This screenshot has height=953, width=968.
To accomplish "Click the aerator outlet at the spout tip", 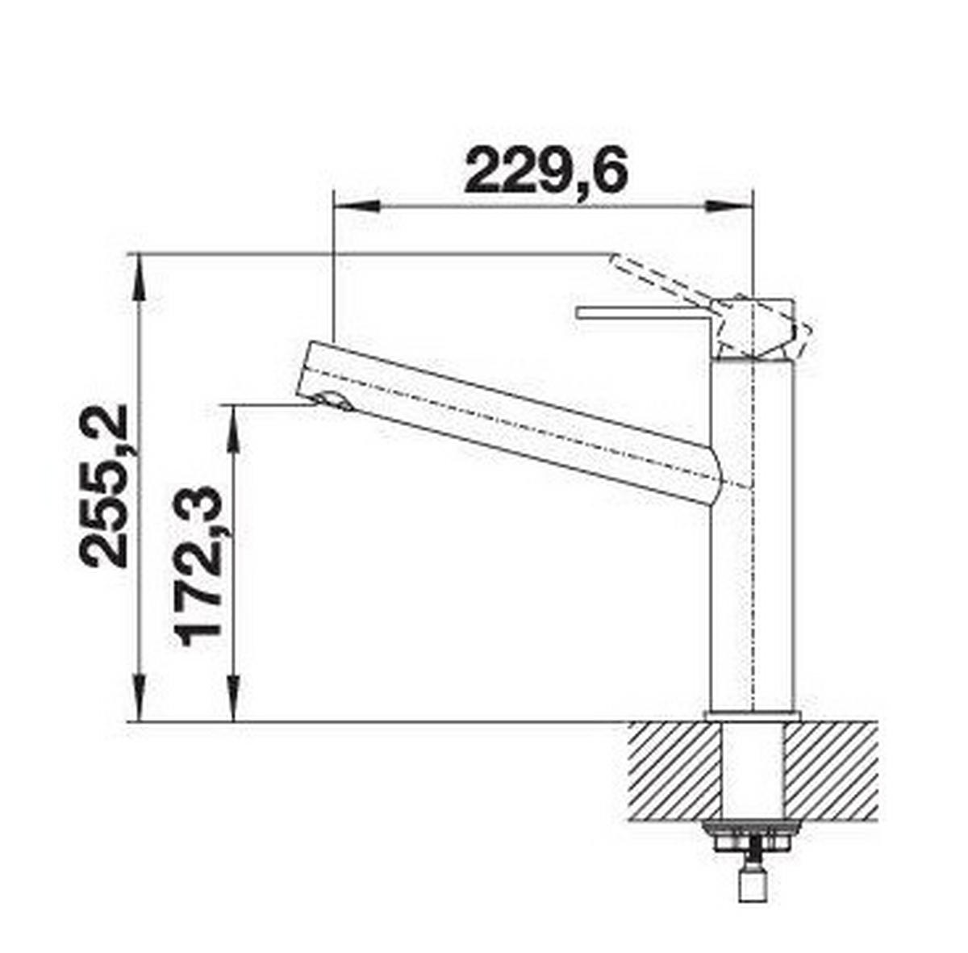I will click(332, 400).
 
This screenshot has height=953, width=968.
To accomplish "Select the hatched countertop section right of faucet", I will click(831, 771).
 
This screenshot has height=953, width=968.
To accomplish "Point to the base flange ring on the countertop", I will click(752, 716).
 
